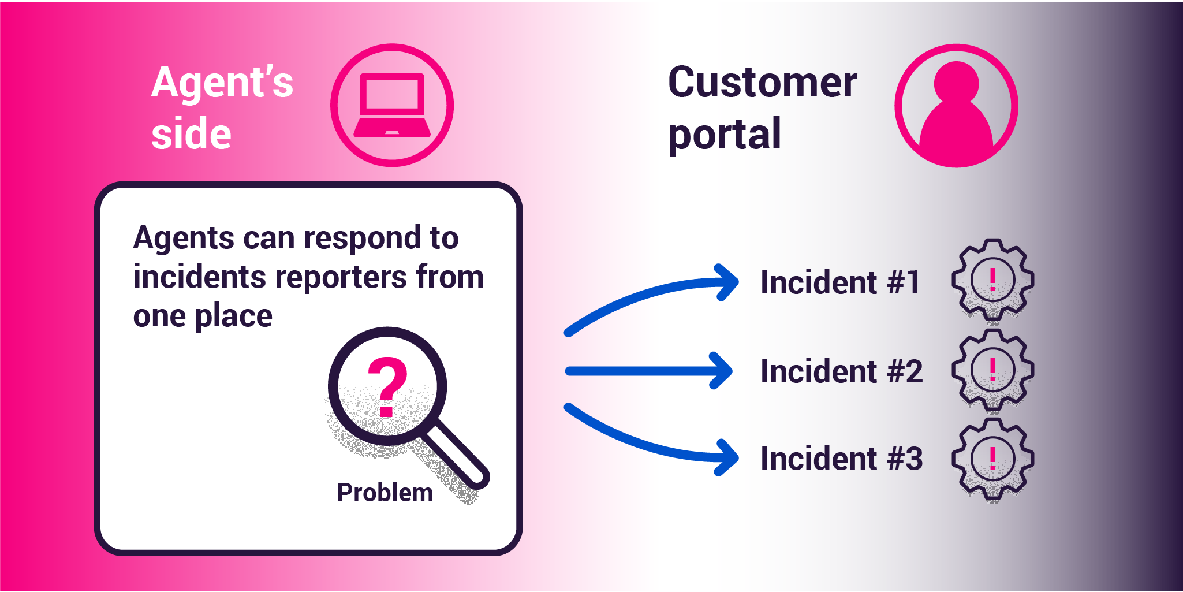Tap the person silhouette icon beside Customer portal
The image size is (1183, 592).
(956, 107)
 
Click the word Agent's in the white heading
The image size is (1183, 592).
(222, 83)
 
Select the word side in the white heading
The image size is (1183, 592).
(191, 133)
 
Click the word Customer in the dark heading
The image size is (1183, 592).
(762, 83)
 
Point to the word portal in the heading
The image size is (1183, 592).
(724, 135)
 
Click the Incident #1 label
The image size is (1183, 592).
(840, 282)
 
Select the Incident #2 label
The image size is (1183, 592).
(841, 371)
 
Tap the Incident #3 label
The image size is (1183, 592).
(841, 459)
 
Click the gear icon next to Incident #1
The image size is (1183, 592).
(992, 280)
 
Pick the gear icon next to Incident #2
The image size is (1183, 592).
(992, 370)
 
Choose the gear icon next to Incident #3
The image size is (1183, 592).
(992, 459)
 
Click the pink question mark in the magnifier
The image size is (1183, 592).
(387, 386)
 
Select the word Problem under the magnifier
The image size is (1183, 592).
(385, 493)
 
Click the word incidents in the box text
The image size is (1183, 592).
(200, 277)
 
